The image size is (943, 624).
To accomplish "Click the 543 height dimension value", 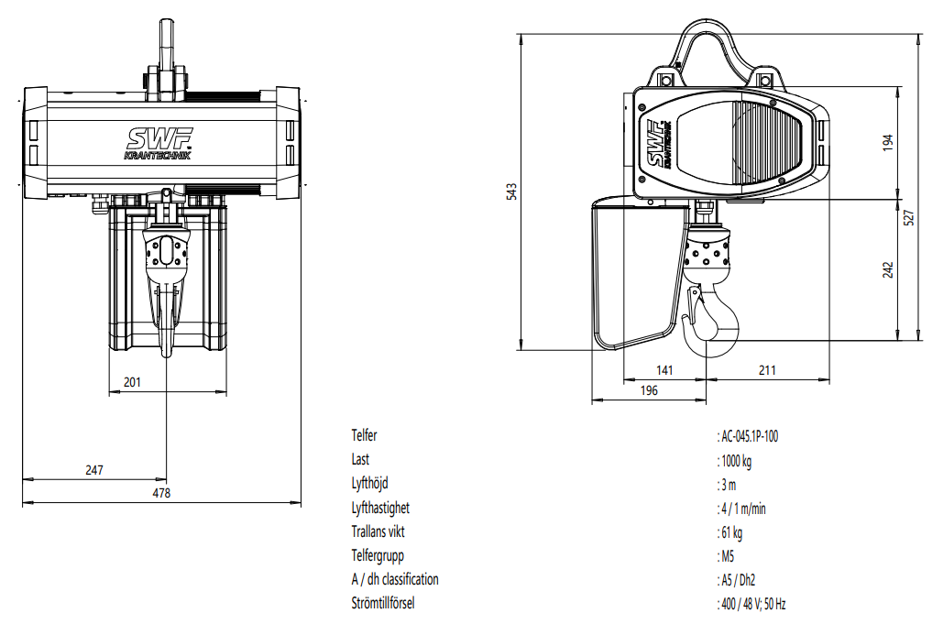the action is point(511,192).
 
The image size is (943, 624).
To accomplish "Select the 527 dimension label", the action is point(909,217).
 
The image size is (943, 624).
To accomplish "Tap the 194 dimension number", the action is point(888,142).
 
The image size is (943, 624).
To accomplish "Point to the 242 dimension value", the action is point(888,269).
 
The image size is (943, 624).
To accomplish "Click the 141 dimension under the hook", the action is point(664,369).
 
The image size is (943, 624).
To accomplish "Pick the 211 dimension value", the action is point(767,369).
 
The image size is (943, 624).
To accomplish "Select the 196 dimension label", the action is point(649,390).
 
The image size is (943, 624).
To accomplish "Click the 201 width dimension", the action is point(132,382).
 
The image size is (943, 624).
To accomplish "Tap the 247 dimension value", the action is point(94,470).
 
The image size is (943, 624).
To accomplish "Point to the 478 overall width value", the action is point(161,493).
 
